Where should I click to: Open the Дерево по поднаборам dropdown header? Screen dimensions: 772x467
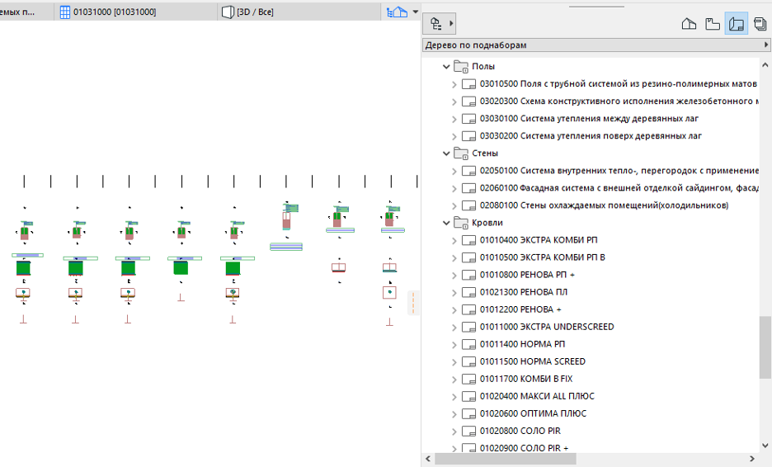pyautogui.click(x=596, y=45)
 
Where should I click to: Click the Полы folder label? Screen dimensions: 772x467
pyautogui.click(x=483, y=67)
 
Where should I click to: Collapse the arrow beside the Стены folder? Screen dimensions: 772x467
pyautogui.click(x=446, y=153)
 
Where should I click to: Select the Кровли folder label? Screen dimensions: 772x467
pyautogui.click(x=487, y=223)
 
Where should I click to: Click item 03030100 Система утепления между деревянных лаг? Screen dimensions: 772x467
pyautogui.click(x=589, y=119)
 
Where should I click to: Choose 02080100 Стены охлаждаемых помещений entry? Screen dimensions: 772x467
pyautogui.click(x=604, y=205)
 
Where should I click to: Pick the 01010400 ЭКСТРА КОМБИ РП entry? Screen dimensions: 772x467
pyautogui.click(x=539, y=240)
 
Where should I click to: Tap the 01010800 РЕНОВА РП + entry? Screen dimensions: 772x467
pyautogui.click(x=527, y=275)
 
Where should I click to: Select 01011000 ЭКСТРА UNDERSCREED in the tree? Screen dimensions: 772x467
pyautogui.click(x=547, y=327)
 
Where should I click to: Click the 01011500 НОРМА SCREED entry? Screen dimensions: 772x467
pyautogui.click(x=532, y=361)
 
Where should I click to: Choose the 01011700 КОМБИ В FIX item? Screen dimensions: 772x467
pyautogui.click(x=526, y=379)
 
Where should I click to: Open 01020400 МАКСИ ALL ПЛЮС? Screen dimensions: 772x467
pyautogui.click(x=537, y=396)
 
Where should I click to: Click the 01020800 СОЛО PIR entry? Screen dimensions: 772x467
pyautogui.click(x=520, y=431)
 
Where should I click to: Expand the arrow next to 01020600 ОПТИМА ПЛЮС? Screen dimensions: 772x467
pyautogui.click(x=454, y=414)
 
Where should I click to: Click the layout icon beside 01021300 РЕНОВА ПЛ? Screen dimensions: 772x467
pyautogui.click(x=468, y=293)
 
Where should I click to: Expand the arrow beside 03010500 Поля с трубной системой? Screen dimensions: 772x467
pyautogui.click(x=454, y=84)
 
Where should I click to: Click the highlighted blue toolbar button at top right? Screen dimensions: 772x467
pyautogui.click(x=736, y=23)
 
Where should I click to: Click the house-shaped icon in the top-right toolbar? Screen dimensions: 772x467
pyautogui.click(x=689, y=23)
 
